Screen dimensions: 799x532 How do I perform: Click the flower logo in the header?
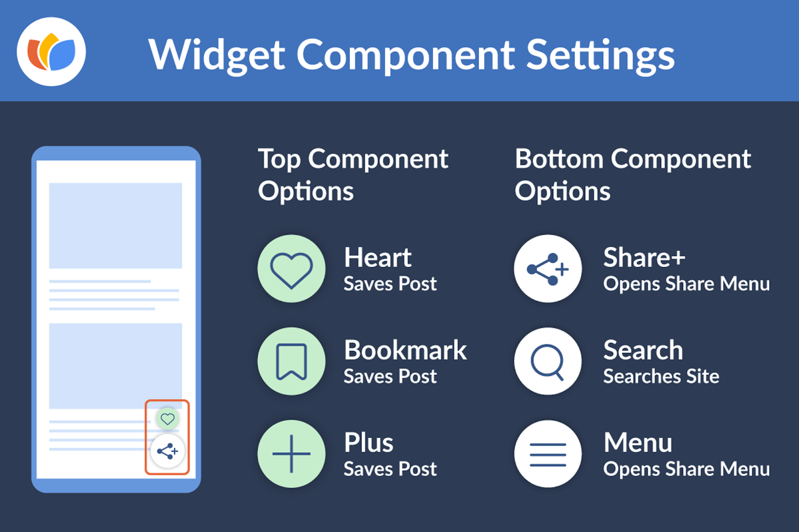(x=51, y=52)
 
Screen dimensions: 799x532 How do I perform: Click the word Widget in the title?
(x=217, y=55)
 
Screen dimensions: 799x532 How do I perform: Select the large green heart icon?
(x=292, y=268)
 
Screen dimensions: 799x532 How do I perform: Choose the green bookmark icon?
(x=292, y=361)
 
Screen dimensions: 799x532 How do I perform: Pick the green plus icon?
(x=292, y=454)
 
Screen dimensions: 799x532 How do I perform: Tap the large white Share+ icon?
(x=548, y=268)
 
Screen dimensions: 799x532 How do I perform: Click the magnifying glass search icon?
(x=548, y=361)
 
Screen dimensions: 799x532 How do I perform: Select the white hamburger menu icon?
(x=548, y=454)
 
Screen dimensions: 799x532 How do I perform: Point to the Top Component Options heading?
(x=353, y=175)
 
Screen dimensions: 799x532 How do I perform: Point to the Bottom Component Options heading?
(x=633, y=175)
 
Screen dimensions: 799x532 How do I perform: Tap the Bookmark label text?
(x=405, y=350)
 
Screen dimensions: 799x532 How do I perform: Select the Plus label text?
(x=369, y=443)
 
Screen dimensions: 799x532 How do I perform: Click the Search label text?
(x=643, y=350)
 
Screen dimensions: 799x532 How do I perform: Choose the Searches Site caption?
(x=661, y=376)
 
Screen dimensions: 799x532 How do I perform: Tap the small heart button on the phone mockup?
(x=167, y=419)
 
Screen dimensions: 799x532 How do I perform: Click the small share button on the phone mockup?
(x=167, y=452)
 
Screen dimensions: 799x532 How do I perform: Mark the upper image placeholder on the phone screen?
(x=115, y=226)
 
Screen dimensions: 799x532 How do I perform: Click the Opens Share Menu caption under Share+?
(x=687, y=284)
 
